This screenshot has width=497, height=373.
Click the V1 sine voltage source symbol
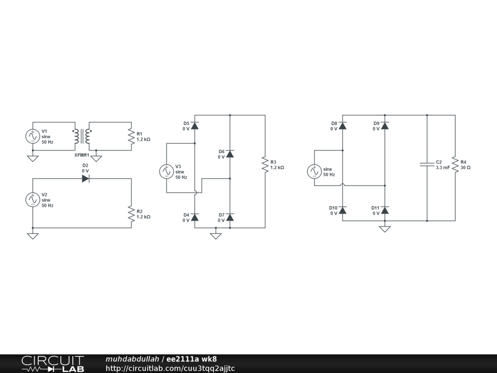(33, 136)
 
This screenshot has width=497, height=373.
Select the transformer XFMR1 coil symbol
(82, 136)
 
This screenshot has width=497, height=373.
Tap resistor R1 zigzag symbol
(131, 136)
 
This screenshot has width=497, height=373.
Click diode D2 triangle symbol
(85, 178)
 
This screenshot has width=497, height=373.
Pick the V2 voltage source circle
(33, 200)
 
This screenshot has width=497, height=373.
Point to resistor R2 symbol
(131, 214)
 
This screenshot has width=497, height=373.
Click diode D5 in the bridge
(195, 126)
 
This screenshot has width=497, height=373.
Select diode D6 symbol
(230, 154)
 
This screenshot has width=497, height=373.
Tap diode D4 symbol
(195, 217)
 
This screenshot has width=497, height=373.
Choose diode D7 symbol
(230, 217)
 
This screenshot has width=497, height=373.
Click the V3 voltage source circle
(166, 171)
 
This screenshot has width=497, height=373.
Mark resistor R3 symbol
(265, 164)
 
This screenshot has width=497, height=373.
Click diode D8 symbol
(343, 126)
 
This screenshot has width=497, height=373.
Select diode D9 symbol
(385, 126)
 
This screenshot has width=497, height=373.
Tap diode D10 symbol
(343, 210)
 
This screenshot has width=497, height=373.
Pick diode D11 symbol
(385, 210)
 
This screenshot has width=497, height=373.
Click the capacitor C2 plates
(427, 164)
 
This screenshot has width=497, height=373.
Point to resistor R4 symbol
(455, 164)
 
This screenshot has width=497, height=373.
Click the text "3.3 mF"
(443, 168)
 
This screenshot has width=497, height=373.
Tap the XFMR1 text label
(82, 155)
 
